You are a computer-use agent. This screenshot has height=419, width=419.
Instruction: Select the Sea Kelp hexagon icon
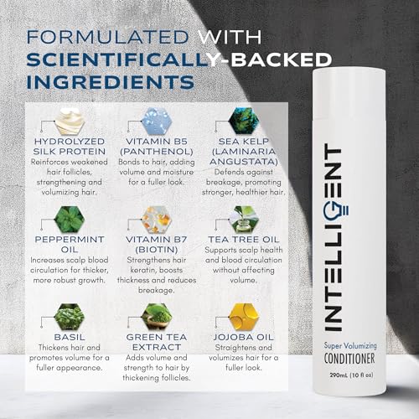tap(251, 122)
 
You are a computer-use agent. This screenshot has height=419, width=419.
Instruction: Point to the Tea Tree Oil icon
tap(251, 220)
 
